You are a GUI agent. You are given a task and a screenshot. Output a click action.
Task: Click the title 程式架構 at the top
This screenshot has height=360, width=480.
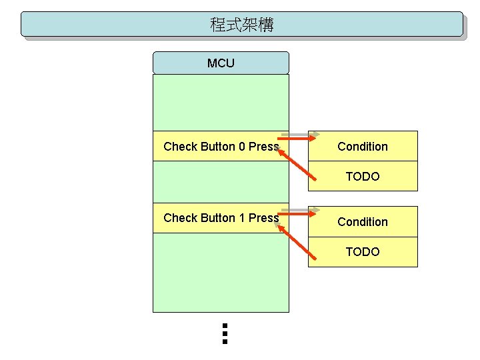242,25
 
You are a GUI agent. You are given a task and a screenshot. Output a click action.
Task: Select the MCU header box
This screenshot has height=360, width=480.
221,63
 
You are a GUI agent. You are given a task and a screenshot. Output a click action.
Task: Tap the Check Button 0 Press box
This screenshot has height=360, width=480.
221,146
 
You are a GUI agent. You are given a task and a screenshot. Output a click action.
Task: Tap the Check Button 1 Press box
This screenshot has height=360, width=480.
221,218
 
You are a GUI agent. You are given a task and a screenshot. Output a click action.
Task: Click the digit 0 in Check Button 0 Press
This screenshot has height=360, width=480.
242,146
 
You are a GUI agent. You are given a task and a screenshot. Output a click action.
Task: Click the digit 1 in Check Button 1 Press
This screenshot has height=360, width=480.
242,218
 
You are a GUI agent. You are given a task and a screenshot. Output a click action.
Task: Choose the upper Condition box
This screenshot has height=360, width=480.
363,146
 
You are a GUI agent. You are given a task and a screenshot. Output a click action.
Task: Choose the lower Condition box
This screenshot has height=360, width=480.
363,221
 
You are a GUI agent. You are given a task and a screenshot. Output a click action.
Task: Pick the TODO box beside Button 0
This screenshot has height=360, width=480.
363,176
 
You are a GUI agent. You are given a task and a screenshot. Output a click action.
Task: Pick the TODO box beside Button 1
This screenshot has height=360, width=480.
363,251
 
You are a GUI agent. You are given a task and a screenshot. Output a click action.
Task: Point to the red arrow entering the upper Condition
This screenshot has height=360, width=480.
297,139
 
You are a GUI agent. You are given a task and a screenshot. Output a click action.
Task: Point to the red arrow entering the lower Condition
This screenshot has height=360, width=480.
297,214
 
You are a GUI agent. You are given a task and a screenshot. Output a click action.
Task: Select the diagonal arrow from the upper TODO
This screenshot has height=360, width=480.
297,165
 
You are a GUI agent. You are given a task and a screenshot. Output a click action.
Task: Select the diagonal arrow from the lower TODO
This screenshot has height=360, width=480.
297,243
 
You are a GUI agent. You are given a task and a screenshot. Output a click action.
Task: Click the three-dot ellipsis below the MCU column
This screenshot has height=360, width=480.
225,334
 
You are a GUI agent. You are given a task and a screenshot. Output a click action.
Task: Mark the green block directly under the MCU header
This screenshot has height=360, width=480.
221,103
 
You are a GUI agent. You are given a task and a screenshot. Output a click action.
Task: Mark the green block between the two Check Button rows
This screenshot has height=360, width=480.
221,182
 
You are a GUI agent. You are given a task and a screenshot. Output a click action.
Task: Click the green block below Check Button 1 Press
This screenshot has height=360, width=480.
221,273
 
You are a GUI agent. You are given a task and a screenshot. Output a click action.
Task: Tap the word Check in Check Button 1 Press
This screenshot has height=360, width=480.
181,218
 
